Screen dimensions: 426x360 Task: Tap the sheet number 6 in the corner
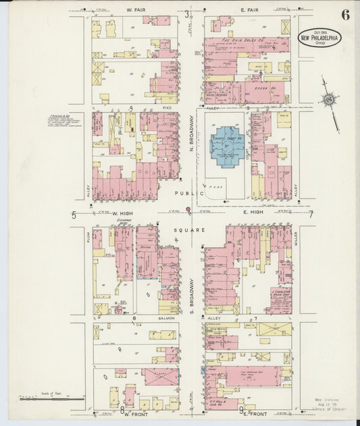pos(345,16)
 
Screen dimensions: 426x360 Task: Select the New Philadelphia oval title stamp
pos(320,37)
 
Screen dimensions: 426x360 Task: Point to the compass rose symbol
pos(329,101)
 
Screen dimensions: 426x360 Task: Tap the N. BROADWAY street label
pos(192,135)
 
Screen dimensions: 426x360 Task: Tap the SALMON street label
pos(167,317)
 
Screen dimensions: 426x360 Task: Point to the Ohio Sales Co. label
pos(237,41)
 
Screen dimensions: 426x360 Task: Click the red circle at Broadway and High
pos(188,209)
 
